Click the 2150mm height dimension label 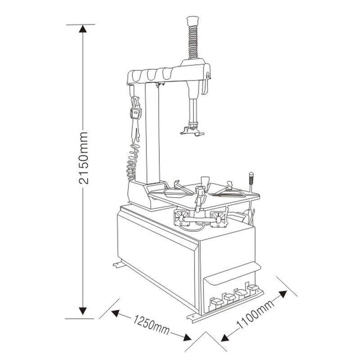point(83,158)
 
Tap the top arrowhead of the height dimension point(83,29)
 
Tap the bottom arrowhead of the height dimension point(83,310)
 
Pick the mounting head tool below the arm point(192,130)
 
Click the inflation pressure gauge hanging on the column point(135,112)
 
